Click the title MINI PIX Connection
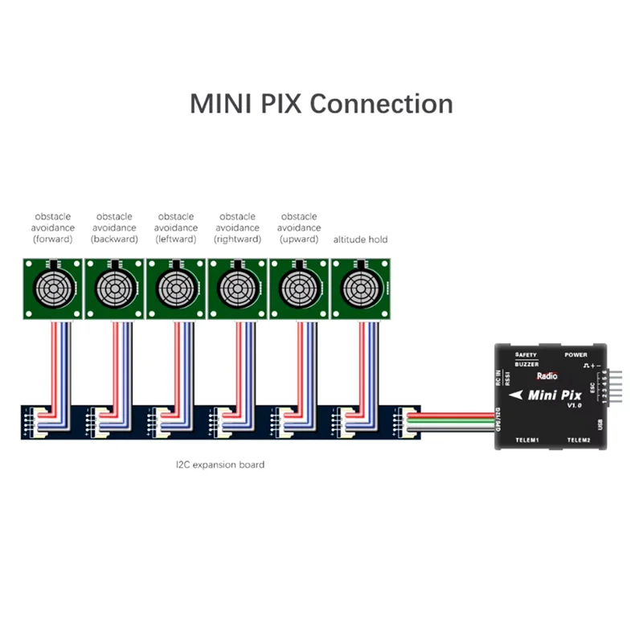point(321,104)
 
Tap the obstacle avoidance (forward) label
point(53,227)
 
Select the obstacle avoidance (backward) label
point(114,227)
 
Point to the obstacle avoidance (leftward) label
point(176,227)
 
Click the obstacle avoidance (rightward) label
point(238,227)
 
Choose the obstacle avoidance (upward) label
point(300,227)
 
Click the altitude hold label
point(360,240)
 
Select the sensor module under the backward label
point(114,287)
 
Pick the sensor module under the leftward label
point(176,287)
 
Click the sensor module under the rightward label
point(238,287)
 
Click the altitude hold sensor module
point(361,287)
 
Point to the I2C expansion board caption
point(220,465)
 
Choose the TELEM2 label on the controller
point(579,440)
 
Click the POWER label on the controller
point(575,354)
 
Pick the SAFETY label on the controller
point(526,354)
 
